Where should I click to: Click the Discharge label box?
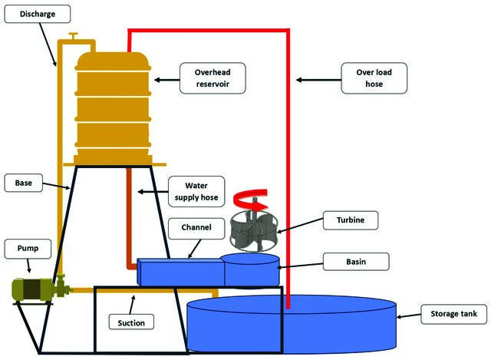click(38, 14)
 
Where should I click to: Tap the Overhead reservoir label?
click(213, 78)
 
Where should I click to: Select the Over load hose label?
click(374, 78)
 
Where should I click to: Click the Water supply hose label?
click(196, 191)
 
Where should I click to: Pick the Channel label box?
click(196, 228)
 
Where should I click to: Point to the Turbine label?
click(351, 220)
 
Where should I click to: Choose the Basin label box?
click(356, 262)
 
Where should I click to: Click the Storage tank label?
click(453, 314)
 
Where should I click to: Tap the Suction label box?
click(131, 322)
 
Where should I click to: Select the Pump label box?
click(28, 249)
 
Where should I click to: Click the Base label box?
click(24, 183)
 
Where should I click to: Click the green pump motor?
click(32, 289)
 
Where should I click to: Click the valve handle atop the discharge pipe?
click(74, 35)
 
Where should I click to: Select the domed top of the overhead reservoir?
click(113, 61)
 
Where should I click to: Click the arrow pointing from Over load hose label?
click(318, 80)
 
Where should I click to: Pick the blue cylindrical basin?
click(252, 270)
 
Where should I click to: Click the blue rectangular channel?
click(181, 272)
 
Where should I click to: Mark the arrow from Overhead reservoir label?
click(167, 80)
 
